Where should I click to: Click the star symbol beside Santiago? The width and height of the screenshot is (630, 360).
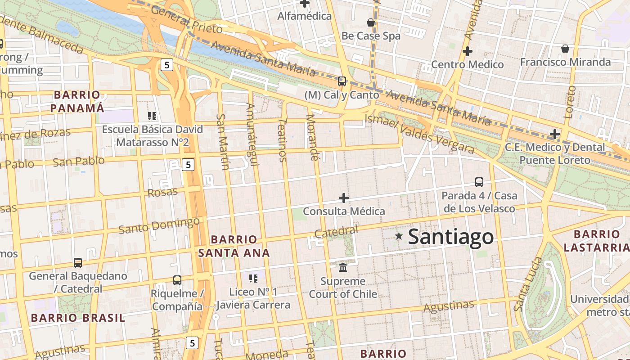pyautogui.click(x=399, y=236)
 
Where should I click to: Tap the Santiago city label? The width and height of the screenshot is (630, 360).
pyautogui.click(x=450, y=237)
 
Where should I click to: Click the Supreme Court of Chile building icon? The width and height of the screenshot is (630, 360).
pyautogui.click(x=343, y=267)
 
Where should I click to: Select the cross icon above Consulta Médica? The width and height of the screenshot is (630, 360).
pyautogui.click(x=344, y=198)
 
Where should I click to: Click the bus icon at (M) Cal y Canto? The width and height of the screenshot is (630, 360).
pyautogui.click(x=342, y=81)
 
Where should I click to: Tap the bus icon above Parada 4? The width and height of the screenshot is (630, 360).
pyautogui.click(x=479, y=182)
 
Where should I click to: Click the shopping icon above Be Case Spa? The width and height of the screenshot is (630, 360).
pyautogui.click(x=371, y=22)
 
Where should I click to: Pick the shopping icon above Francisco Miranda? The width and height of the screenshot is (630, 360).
pyautogui.click(x=565, y=48)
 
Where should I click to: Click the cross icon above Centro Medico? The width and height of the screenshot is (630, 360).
pyautogui.click(x=468, y=51)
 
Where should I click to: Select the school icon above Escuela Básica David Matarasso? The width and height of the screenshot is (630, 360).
pyautogui.click(x=152, y=116)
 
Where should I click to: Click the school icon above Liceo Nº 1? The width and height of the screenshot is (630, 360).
pyautogui.click(x=253, y=279)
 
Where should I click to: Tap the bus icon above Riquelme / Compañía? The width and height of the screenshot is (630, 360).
pyautogui.click(x=177, y=280)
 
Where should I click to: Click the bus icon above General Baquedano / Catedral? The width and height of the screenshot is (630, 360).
pyautogui.click(x=78, y=263)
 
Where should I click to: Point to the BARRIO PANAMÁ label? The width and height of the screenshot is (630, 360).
pyautogui.click(x=77, y=102)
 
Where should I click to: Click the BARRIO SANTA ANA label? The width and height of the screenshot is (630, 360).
pyautogui.click(x=234, y=246)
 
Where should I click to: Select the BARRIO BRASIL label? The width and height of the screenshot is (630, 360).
pyautogui.click(x=78, y=318)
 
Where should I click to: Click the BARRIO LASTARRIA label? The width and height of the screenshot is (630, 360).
pyautogui.click(x=597, y=241)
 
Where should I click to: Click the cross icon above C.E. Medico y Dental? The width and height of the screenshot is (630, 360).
pyautogui.click(x=555, y=134)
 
